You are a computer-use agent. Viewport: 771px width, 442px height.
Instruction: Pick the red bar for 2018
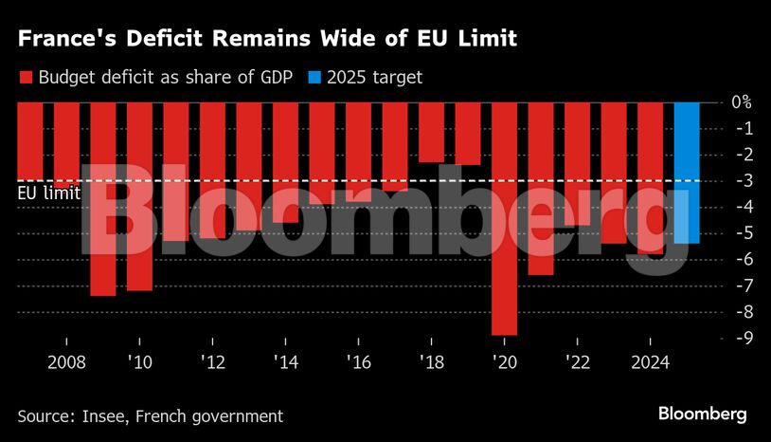(x=431, y=132)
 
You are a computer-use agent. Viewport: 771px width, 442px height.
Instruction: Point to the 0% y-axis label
(x=742, y=101)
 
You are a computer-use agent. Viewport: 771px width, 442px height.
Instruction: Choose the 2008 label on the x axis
(x=66, y=364)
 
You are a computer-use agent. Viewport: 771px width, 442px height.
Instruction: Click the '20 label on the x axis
(x=504, y=364)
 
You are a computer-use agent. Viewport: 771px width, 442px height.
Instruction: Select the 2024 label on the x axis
(x=650, y=364)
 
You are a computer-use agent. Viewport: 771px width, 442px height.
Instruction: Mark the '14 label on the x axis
(x=285, y=364)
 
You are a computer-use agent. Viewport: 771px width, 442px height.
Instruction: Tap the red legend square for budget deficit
(x=26, y=78)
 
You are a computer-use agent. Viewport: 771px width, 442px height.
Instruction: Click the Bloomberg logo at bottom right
(x=703, y=414)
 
